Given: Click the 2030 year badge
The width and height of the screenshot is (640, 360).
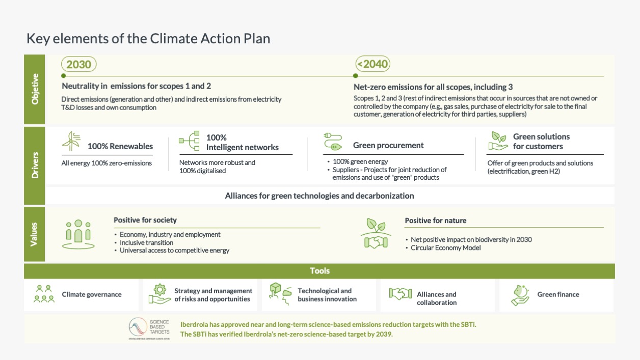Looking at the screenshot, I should pyautogui.click(x=79, y=64).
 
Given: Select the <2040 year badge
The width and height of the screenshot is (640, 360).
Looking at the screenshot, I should pyautogui.click(x=372, y=64).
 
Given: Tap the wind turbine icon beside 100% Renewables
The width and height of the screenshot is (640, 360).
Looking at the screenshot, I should pyautogui.click(x=71, y=142).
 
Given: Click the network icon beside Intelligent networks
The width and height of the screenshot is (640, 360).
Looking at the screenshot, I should pyautogui.click(x=189, y=141).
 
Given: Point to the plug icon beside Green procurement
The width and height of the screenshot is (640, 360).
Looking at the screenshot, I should pyautogui.click(x=332, y=141).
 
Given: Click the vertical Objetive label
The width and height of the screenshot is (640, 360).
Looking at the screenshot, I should pyautogui.click(x=35, y=89).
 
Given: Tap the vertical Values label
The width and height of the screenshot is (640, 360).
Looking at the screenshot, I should pyautogui.click(x=35, y=234).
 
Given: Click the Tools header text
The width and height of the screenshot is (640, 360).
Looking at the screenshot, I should pyautogui.click(x=319, y=271).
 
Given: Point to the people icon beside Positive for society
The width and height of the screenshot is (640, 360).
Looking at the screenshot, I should pyautogui.click(x=78, y=234).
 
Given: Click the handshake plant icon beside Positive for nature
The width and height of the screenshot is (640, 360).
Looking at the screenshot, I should pyautogui.click(x=376, y=234).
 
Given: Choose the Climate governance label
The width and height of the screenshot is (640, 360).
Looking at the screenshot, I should pyautogui.click(x=92, y=294).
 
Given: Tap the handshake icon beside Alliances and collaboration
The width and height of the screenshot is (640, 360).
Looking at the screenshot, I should pyautogui.click(x=400, y=294).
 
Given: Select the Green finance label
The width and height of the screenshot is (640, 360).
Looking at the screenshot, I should pyautogui.click(x=558, y=294).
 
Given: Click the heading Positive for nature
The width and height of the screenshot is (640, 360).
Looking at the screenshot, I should pyautogui.click(x=436, y=220).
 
